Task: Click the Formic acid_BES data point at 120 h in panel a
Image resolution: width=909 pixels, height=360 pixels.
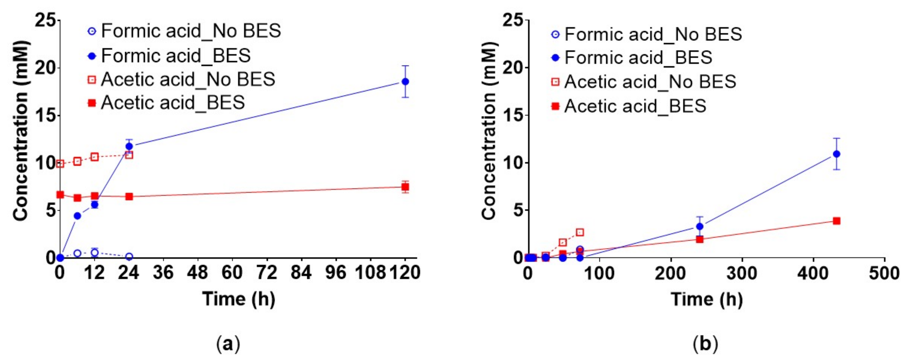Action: point(405,82)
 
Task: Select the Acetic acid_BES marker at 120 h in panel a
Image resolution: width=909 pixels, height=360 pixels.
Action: point(405,187)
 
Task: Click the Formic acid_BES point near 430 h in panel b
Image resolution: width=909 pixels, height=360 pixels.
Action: point(836,154)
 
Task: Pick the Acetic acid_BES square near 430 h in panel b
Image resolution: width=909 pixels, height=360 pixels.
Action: point(836,221)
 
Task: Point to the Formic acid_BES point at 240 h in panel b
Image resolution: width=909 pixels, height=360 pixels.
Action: point(700,226)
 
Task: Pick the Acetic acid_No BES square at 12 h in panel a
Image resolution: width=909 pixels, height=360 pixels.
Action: point(95,157)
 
